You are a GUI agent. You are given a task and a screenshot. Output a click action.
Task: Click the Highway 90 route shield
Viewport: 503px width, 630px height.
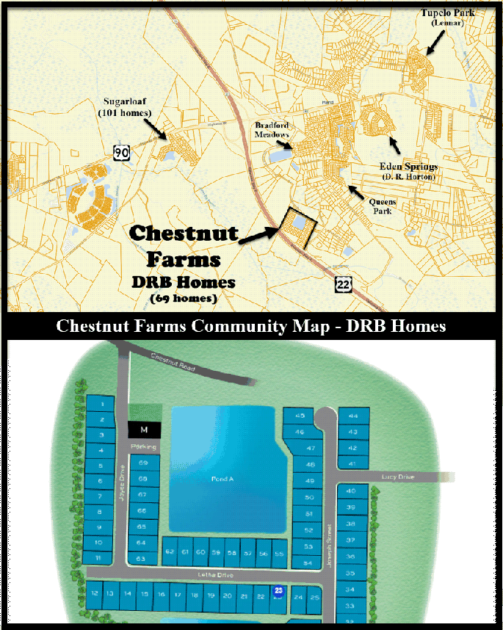pyautogui.click(x=122, y=152)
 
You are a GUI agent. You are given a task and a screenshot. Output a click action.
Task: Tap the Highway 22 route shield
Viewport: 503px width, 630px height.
pyautogui.click(x=343, y=284)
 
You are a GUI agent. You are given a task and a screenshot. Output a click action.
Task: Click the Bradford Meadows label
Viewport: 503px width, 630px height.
pyautogui.click(x=272, y=130)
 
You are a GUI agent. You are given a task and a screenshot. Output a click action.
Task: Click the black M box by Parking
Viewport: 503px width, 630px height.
pyautogui.click(x=144, y=429)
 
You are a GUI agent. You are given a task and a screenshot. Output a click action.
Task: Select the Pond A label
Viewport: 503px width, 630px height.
pyautogui.click(x=221, y=478)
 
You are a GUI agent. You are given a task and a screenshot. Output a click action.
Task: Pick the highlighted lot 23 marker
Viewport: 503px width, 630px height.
pyautogui.click(x=278, y=590)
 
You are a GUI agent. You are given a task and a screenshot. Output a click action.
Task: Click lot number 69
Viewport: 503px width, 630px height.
pyautogui.click(x=143, y=463)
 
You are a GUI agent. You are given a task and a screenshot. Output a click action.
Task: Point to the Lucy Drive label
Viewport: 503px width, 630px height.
pyautogui.click(x=397, y=477)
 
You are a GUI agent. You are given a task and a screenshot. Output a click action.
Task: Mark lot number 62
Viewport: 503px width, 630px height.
pyautogui.click(x=170, y=552)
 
